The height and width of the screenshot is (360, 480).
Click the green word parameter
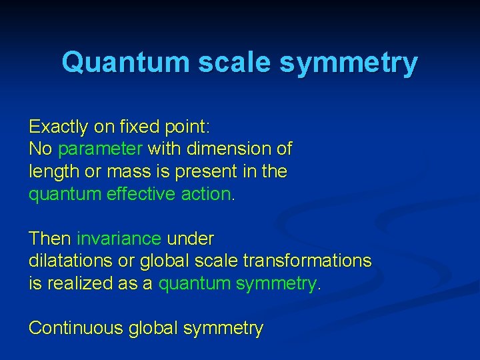(x=101, y=149)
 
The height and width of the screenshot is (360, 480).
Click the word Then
(x=50, y=238)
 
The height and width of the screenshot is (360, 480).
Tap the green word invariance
(x=119, y=238)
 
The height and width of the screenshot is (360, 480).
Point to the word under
(x=191, y=238)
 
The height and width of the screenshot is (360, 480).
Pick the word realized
(x=77, y=283)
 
